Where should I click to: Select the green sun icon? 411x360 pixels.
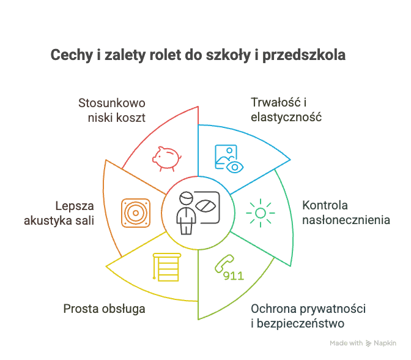(261, 212)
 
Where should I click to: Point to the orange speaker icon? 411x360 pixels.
(135, 212)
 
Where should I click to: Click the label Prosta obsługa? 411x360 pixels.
(104, 309)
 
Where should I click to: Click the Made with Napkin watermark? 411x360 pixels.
(362, 343)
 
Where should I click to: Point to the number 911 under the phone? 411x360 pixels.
(234, 276)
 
